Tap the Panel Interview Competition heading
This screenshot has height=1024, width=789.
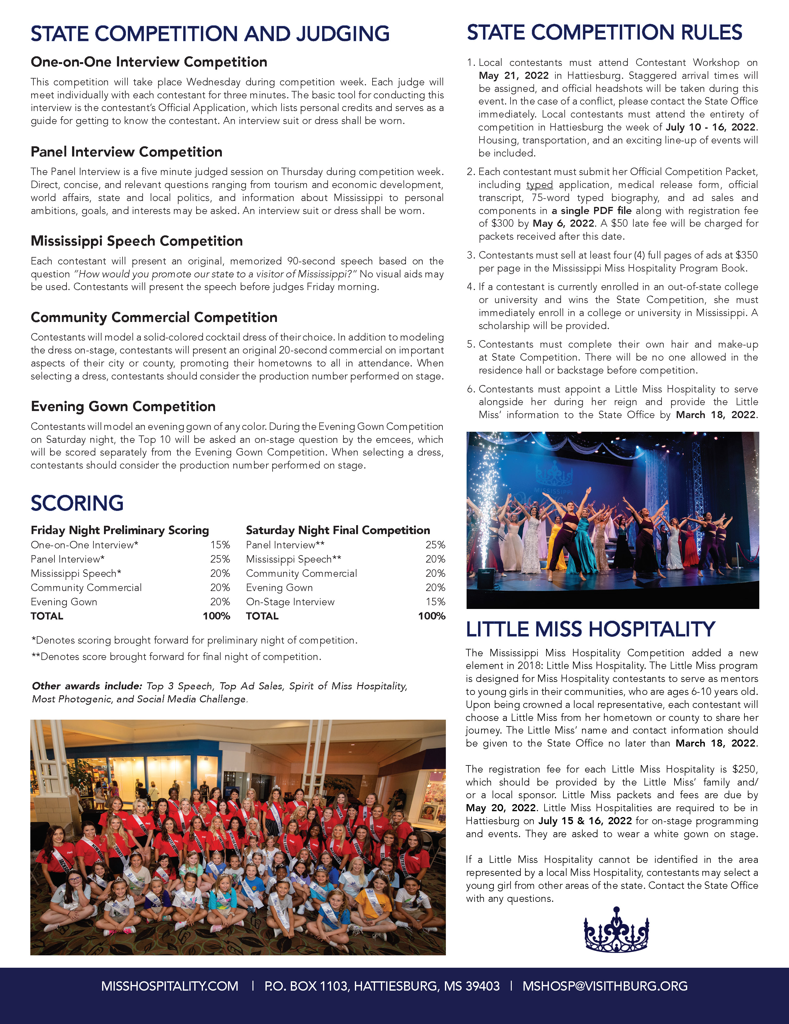pos(126,152)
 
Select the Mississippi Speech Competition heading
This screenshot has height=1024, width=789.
pos(136,241)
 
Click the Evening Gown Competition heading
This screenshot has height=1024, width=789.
pos(123,406)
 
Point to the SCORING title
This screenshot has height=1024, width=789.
pos(77,503)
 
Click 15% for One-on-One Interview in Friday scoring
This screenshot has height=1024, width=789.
pos(220,545)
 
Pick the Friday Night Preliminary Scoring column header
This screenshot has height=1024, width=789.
pos(120,530)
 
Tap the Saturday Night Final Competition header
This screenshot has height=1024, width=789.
pos(338,530)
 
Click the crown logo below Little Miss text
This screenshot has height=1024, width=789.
pos(616,930)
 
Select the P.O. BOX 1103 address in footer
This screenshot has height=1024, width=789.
pos(382,986)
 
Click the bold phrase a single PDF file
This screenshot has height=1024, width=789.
pos(592,211)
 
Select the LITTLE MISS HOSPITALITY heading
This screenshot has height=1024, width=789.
pos(590,629)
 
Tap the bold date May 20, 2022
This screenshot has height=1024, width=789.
pos(501,808)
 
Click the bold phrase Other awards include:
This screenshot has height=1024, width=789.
pos(87,686)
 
